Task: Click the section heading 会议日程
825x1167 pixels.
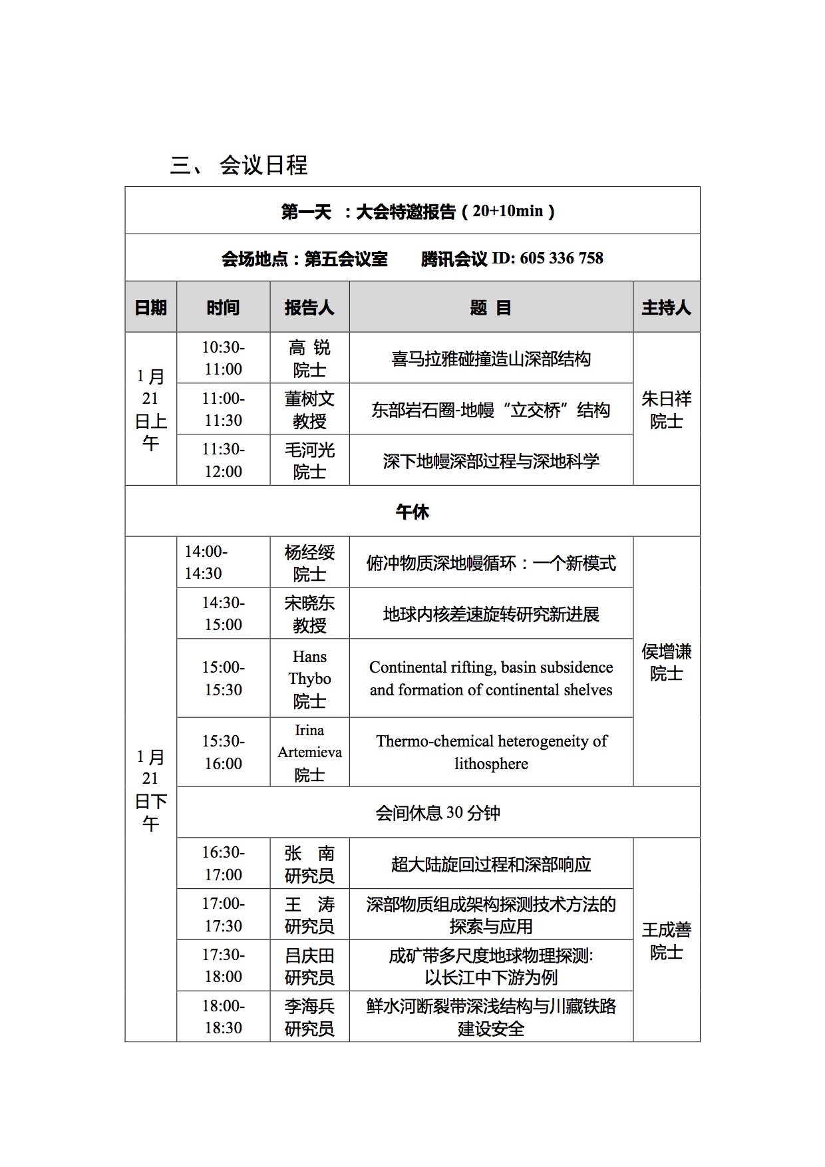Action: coord(263,165)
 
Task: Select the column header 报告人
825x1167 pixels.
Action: coord(309,307)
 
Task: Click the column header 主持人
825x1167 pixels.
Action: coord(666,307)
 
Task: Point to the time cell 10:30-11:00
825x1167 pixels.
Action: coord(224,358)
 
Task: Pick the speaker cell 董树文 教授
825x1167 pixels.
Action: coord(309,409)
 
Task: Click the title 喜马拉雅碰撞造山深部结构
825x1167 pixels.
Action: coord(491,359)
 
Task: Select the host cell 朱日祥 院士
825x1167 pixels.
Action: coord(666,409)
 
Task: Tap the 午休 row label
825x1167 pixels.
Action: coord(412,512)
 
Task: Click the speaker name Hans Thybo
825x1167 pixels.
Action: coord(309,667)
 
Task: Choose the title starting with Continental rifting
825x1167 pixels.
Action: coord(491,679)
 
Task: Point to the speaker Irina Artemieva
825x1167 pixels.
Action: coord(309,741)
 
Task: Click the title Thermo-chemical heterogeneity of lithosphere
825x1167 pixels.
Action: coord(491,752)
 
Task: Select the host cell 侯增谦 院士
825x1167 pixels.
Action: coord(666,662)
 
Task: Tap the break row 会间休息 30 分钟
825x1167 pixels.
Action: coord(438,813)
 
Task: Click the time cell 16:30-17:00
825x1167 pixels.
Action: coord(224,863)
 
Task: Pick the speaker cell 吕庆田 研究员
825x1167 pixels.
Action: coord(309,966)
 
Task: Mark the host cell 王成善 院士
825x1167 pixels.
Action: coord(666,940)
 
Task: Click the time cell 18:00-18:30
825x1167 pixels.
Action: coord(224,1017)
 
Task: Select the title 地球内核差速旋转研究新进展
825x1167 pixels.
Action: coord(491,614)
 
